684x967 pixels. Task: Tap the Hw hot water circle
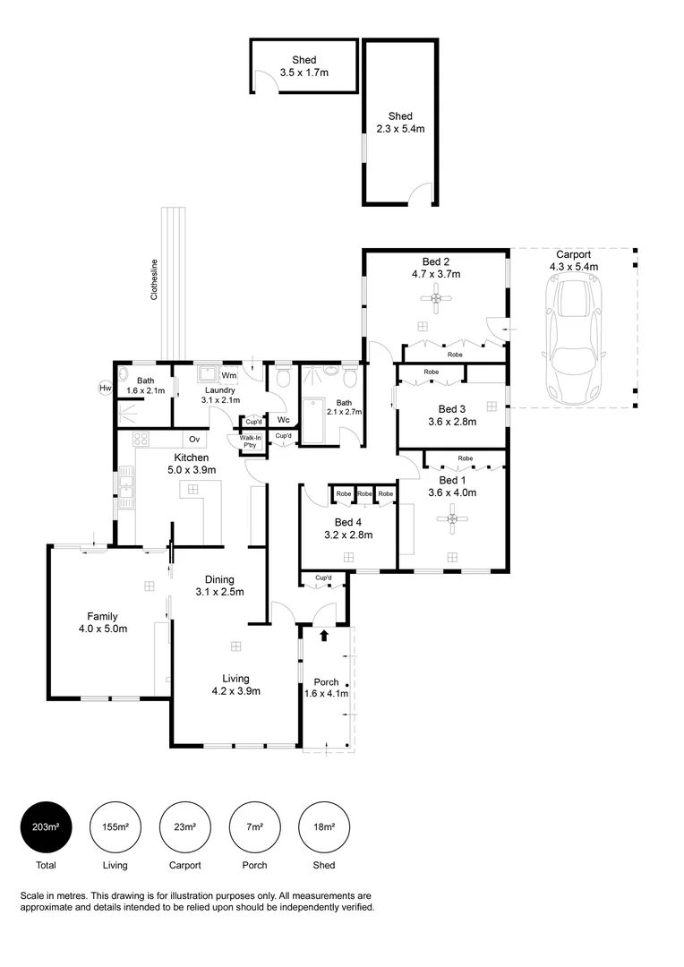pos(105,388)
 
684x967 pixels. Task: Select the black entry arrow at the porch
pos(324,636)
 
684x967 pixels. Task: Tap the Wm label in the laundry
pos(228,375)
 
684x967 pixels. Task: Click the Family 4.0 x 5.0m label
pos(102,622)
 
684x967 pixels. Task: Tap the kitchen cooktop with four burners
pos(141,439)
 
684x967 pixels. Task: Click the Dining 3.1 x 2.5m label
pos(219,586)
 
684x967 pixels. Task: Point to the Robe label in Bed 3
pos(432,371)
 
